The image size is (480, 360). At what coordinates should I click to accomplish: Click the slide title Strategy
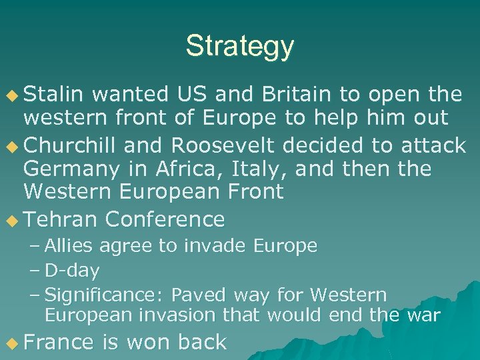tap(239, 46)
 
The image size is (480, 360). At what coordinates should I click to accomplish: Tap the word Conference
tap(165, 219)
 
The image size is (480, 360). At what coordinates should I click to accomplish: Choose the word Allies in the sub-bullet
tap(70, 246)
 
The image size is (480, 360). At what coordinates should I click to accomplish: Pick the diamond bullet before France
tap(11, 343)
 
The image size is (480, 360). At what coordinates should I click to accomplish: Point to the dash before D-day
tap(35, 271)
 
